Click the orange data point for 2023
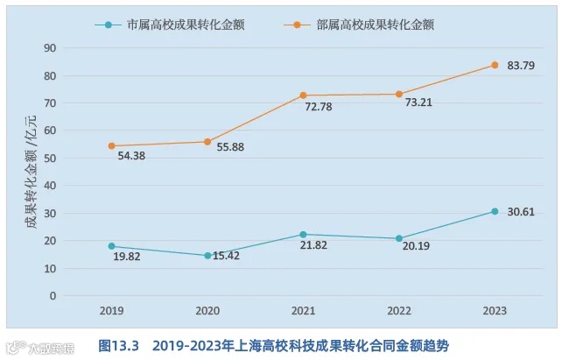click(x=495, y=65)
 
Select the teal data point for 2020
click(x=207, y=256)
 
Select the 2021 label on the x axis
click(x=303, y=311)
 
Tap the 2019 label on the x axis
click(x=111, y=311)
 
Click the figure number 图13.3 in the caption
click(x=119, y=345)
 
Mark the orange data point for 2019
click(x=111, y=146)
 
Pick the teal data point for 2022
click(x=399, y=238)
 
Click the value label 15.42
click(x=229, y=257)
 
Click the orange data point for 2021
click(x=303, y=95)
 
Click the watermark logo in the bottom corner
click(x=39, y=346)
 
